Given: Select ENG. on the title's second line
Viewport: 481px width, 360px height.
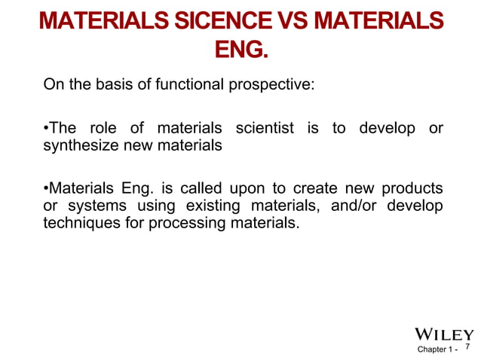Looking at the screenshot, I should point(240,50).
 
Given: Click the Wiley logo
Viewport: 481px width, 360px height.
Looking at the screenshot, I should point(445,334).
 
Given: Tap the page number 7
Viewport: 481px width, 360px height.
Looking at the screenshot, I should point(468,348).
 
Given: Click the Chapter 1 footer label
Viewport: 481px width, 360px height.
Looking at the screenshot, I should point(436,350).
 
